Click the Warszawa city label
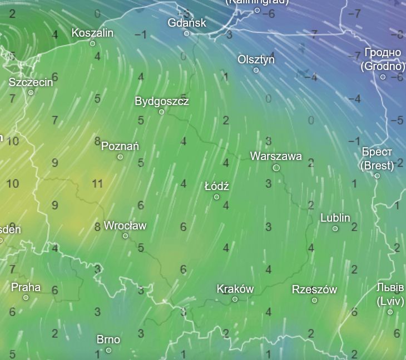coord(276,156)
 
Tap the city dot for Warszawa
coord(276,167)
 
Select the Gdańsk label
coord(187,23)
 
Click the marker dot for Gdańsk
coord(187,33)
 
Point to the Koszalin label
coord(92,33)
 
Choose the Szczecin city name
coord(31,82)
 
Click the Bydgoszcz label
coord(162,101)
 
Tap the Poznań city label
coord(120,146)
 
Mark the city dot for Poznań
coord(120,157)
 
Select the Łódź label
coord(217,186)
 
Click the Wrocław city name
coord(125,226)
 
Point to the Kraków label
coord(235,289)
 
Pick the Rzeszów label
coord(314,289)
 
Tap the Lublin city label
coord(335,218)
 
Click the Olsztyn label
coord(256,59)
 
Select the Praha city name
coord(26,287)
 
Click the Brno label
coord(108,339)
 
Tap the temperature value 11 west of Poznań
coord(97,183)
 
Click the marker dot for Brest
coord(377,176)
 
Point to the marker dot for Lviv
coord(390,312)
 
